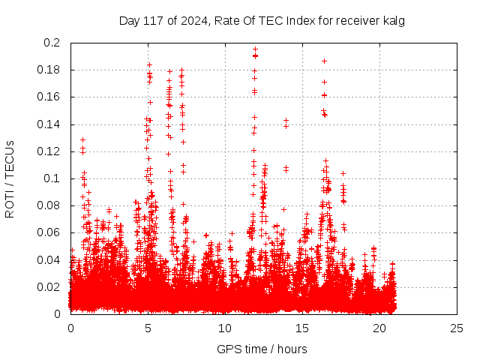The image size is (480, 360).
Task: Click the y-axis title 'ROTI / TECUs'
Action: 10,178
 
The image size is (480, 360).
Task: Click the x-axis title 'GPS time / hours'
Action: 262,349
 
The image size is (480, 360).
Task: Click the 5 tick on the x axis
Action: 148,328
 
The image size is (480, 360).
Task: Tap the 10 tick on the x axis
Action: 225,328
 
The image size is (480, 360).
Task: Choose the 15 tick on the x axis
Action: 302,328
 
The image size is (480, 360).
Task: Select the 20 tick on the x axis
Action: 379,328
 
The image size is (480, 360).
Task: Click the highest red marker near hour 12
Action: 255,49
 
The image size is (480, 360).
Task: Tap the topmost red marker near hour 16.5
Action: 324,61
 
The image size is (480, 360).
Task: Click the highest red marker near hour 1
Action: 82,139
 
